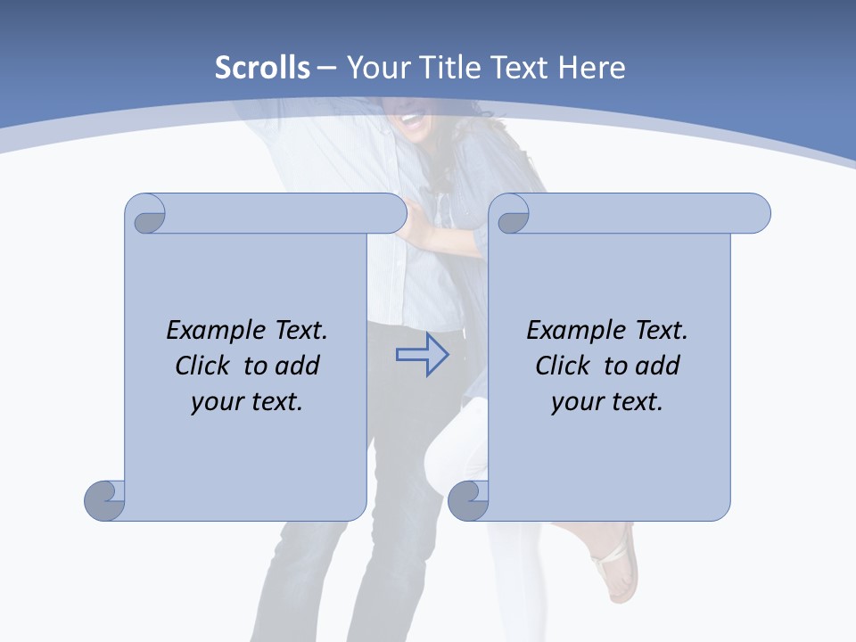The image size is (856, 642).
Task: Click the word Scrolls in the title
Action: click(x=262, y=68)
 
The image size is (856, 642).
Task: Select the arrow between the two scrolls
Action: click(x=422, y=355)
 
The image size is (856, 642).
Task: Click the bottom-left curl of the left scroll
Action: click(x=104, y=499)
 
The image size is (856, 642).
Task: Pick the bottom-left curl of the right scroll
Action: click(x=467, y=499)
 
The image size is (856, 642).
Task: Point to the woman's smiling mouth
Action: click(x=411, y=117)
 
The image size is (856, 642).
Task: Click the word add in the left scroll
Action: click(x=298, y=366)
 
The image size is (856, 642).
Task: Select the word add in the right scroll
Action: click(x=658, y=366)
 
